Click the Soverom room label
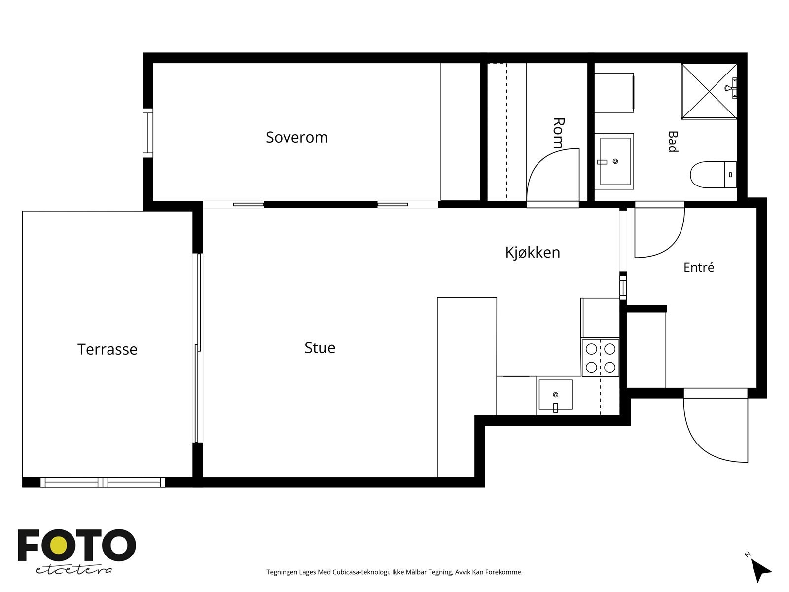(x=296, y=137)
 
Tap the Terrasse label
(x=107, y=349)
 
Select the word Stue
(x=320, y=348)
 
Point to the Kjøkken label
(x=533, y=252)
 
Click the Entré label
(x=698, y=267)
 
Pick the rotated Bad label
(x=673, y=142)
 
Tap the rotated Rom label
(x=558, y=133)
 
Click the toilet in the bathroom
(x=713, y=175)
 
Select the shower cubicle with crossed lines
(x=709, y=91)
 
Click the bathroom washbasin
(x=614, y=161)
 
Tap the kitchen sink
(x=555, y=395)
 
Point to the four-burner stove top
(x=600, y=358)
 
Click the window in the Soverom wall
(x=148, y=133)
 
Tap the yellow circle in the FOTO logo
(x=58, y=546)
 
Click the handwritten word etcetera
(x=73, y=570)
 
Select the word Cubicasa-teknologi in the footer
(x=361, y=572)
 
